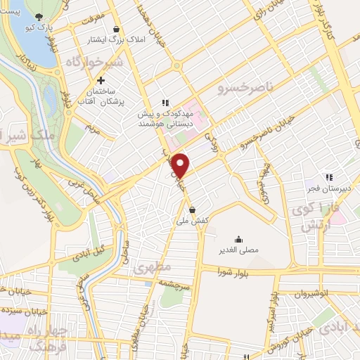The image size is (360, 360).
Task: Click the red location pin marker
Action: click(181, 166)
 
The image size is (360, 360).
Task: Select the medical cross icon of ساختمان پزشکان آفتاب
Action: click(101, 81)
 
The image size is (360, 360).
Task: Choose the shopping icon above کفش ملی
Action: click(193, 210)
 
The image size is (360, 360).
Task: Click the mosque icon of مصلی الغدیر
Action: click(238, 238)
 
